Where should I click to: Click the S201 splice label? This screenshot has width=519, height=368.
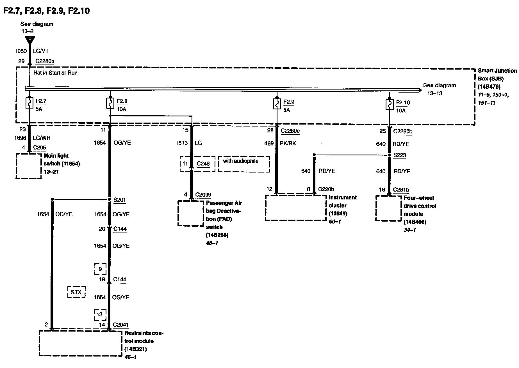pos(120,200)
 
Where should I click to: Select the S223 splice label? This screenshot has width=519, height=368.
pos(400,155)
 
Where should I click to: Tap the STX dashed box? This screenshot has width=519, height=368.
pos(76,292)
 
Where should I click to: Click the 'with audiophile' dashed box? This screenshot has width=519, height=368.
pos(244,164)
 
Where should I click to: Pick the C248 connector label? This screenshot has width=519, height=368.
pos(203,164)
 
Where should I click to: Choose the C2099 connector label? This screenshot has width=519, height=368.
pos(203,195)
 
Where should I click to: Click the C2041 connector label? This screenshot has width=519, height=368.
pos(121,325)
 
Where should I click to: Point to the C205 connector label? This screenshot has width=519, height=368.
pos(40,148)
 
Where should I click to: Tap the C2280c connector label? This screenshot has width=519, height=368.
pos(290,131)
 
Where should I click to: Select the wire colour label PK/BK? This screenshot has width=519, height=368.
pos(288,144)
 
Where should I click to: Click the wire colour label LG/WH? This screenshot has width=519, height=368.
pos(42,138)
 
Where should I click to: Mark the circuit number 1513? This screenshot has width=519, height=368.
pos(181,143)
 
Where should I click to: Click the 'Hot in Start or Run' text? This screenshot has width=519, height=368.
pos(55,73)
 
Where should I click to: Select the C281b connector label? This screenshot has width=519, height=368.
pos(401,190)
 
